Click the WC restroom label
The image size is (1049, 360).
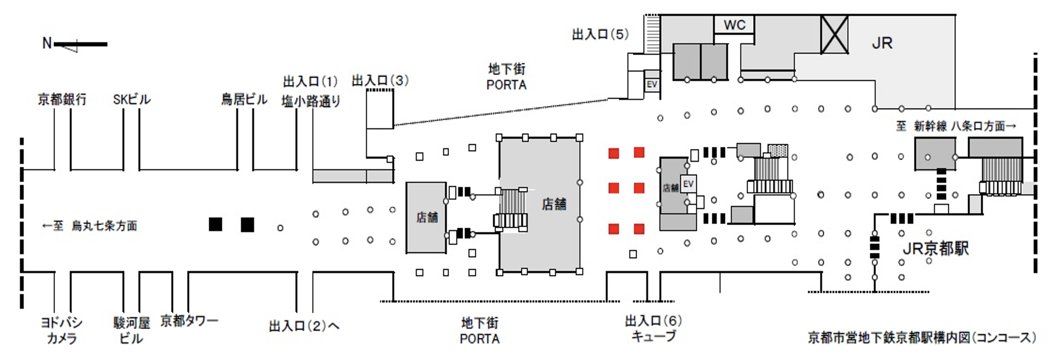pyautogui.click(x=734, y=25)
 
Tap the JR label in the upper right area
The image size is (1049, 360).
pyautogui.click(x=882, y=43)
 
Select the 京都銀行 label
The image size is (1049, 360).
pyautogui.click(x=62, y=100)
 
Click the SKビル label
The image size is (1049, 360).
pyautogui.click(x=131, y=100)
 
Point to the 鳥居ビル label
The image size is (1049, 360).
pyautogui.click(x=244, y=100)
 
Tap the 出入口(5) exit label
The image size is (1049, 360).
pyautogui.click(x=600, y=35)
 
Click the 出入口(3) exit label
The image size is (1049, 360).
pyautogui.click(x=380, y=81)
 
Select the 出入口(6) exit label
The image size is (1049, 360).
pyautogui.click(x=653, y=321)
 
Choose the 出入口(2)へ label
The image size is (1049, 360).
pyautogui.click(x=304, y=326)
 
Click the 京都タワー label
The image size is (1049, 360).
pyautogui.click(x=189, y=321)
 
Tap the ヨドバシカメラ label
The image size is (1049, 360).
pyautogui.click(x=62, y=330)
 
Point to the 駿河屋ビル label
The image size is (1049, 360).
pyautogui.click(x=131, y=330)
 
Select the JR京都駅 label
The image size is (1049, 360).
pyautogui.click(x=935, y=248)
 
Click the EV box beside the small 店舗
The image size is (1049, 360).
pyautogui.click(x=688, y=184)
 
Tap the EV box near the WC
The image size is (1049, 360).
pyautogui.click(x=652, y=85)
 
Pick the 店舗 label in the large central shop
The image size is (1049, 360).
pyautogui.click(x=554, y=205)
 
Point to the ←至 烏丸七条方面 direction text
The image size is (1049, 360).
pyautogui.click(x=90, y=226)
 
